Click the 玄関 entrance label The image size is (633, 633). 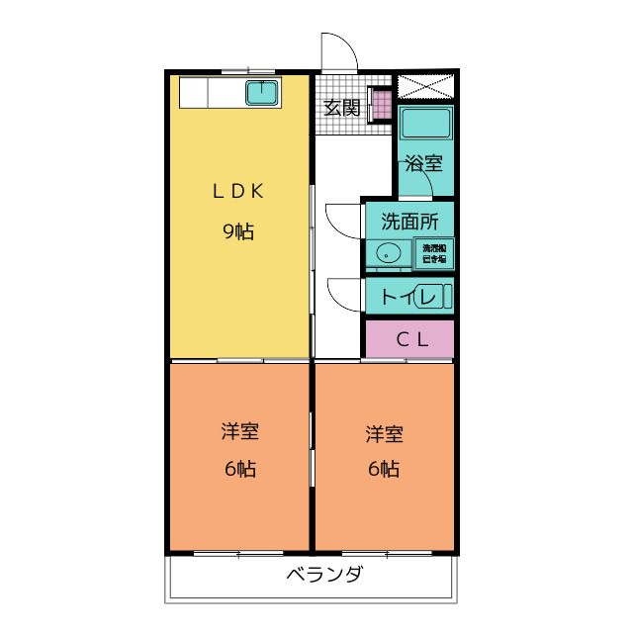pyautogui.click(x=341, y=108)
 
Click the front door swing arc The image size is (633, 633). pyautogui.click(x=338, y=50)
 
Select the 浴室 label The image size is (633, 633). pyautogui.click(x=424, y=164)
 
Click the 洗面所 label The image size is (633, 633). pyautogui.click(x=408, y=222)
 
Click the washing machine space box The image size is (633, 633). pyautogui.click(x=433, y=252)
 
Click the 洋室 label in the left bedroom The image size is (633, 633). pyautogui.click(x=239, y=431)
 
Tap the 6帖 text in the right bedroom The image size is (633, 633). pyautogui.click(x=384, y=469)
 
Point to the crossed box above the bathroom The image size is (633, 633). pyautogui.click(x=425, y=86)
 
